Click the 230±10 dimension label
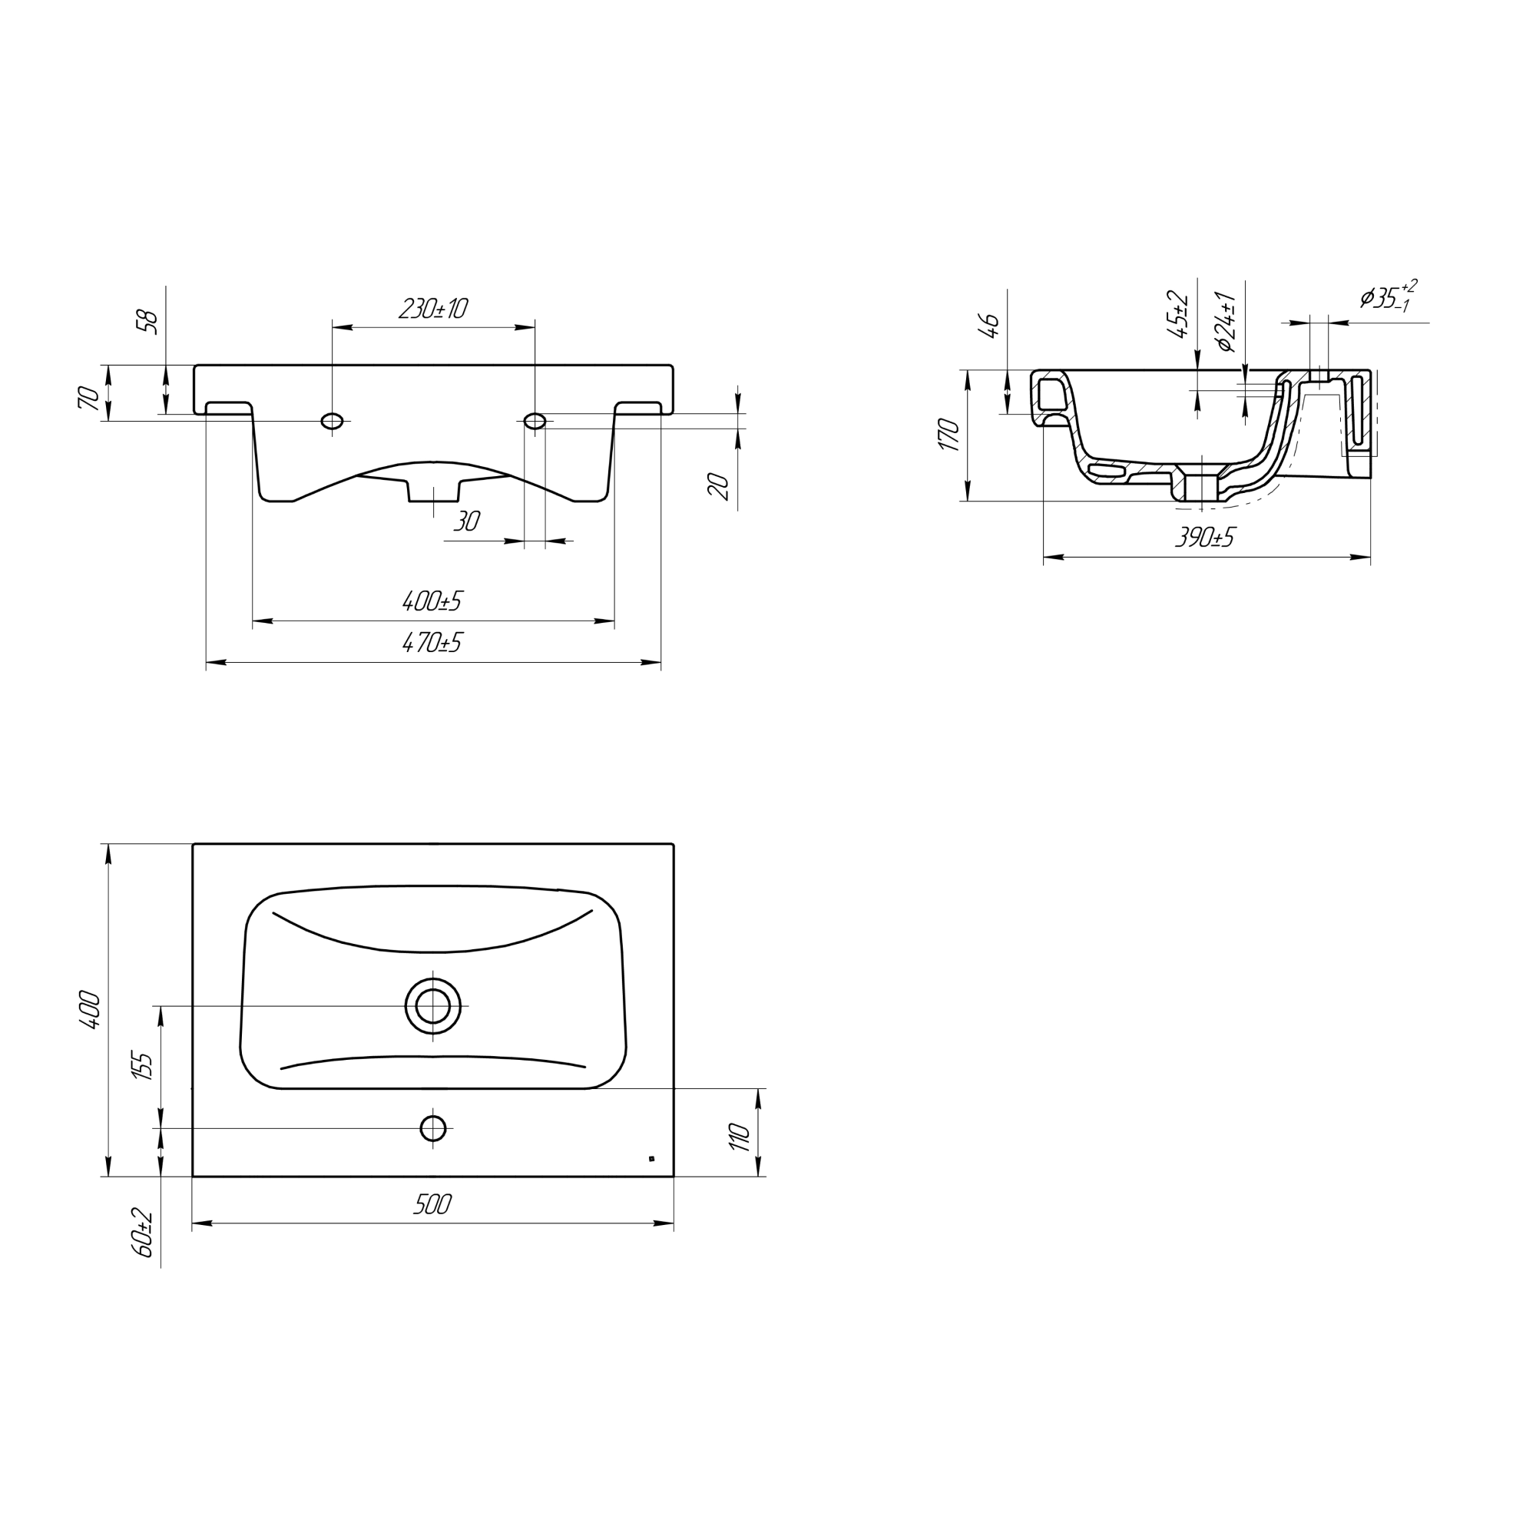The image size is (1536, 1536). click(x=432, y=309)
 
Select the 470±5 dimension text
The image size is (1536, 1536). click(x=432, y=642)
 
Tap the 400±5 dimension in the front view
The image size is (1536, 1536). click(x=432, y=602)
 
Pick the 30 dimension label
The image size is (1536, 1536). click(x=467, y=521)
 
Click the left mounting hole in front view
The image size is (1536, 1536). click(x=333, y=421)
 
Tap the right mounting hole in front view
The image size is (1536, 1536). click(x=536, y=421)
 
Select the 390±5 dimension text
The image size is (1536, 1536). click(x=1205, y=538)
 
